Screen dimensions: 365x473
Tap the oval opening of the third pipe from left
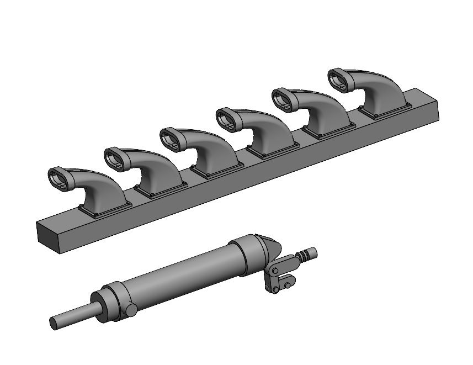[172, 139]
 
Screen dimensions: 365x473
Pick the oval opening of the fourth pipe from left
[228, 119]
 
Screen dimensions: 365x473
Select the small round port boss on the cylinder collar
[131, 308]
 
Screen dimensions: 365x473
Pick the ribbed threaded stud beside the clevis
[305, 255]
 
